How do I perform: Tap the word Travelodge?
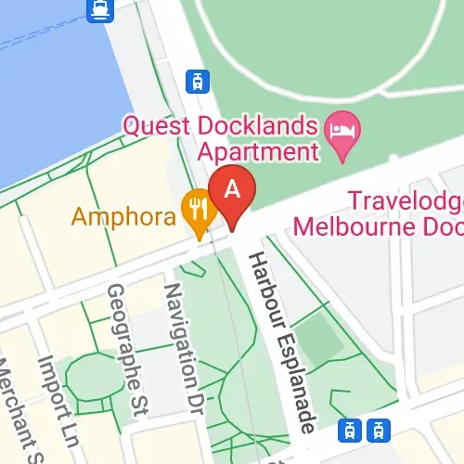pyautogui.click(x=406, y=200)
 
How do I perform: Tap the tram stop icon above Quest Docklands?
pyautogui.click(x=196, y=81)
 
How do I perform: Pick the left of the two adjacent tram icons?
pyautogui.click(x=351, y=429)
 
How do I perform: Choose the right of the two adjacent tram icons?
pyautogui.click(x=377, y=429)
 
